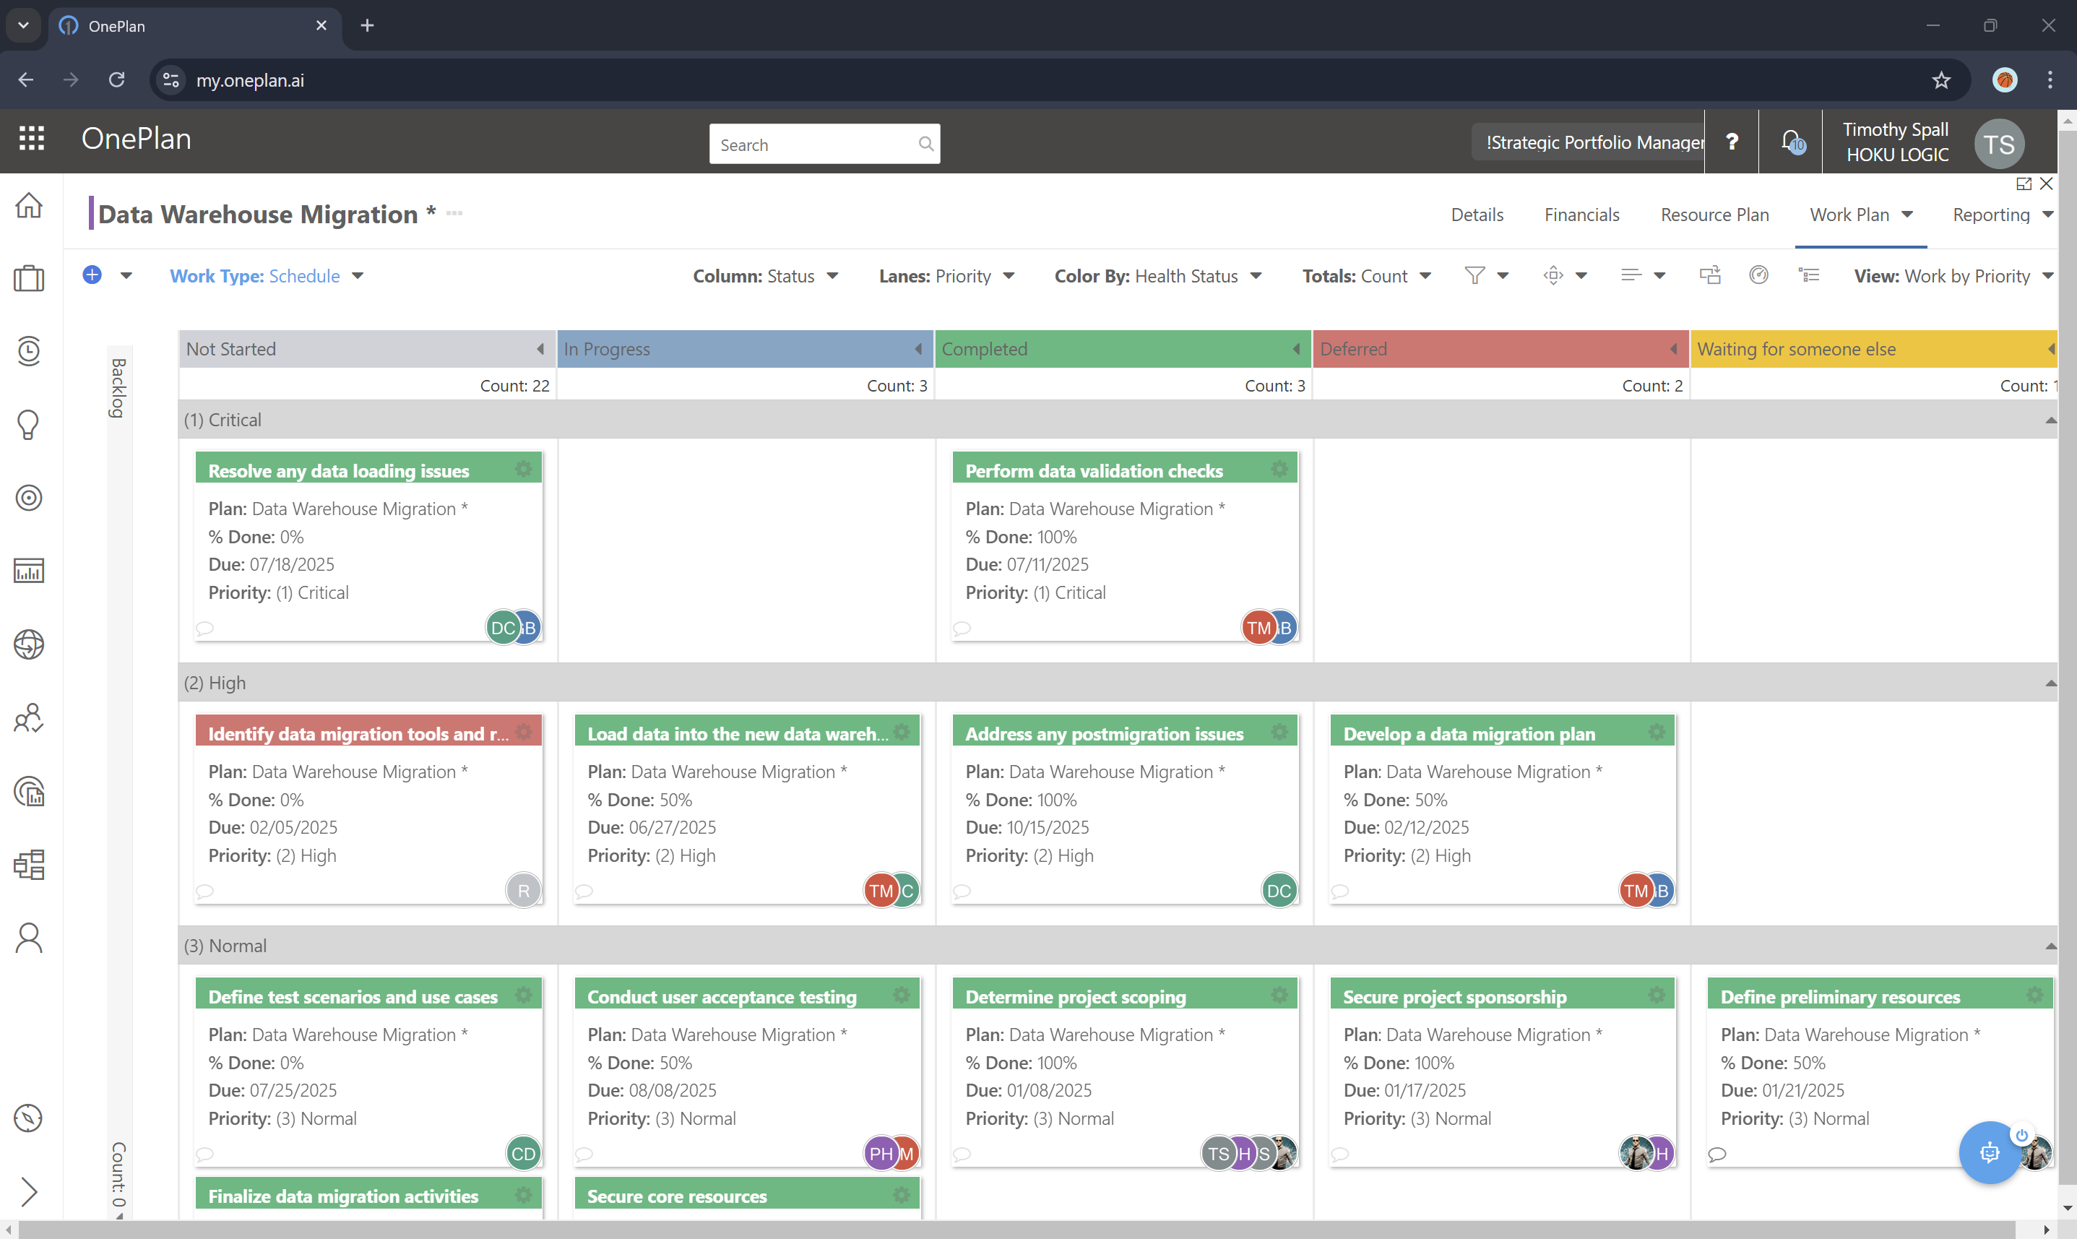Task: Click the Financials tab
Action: [1581, 215]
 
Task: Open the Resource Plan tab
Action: [1714, 215]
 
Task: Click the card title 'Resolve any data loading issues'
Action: [338, 471]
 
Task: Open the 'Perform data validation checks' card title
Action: [1094, 471]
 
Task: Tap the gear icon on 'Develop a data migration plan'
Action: [1657, 733]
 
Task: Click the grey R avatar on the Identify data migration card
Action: [524, 890]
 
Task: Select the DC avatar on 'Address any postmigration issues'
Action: [1278, 890]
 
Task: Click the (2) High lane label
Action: [215, 683]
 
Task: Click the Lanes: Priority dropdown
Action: [946, 275]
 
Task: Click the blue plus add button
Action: [92, 275]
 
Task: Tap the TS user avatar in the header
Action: [1998, 144]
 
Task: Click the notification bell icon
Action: [1789, 141]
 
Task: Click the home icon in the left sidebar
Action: [29, 205]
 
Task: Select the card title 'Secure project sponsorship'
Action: [1454, 997]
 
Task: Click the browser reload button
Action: [117, 80]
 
